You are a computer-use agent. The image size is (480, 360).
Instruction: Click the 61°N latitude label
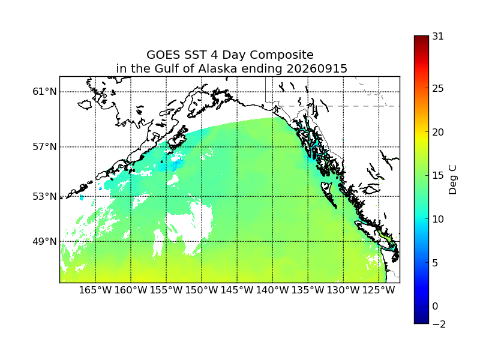[x=44, y=92]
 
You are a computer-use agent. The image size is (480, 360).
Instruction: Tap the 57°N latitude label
[x=44, y=147]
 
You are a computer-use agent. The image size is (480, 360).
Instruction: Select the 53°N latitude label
[x=44, y=197]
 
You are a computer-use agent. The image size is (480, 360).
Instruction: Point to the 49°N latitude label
[x=44, y=242]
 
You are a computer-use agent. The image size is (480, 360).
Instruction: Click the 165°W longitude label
[x=95, y=290]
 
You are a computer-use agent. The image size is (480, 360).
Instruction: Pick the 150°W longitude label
[x=202, y=290]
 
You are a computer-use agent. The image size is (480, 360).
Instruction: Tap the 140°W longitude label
[x=272, y=290]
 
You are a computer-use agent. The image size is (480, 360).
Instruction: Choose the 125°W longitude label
[x=379, y=290]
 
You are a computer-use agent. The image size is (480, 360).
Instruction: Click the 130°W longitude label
[x=343, y=290]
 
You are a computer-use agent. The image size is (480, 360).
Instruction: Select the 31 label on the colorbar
[x=438, y=37]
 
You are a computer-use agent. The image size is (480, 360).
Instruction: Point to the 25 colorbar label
[x=438, y=88]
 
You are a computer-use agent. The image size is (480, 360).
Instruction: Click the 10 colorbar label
[x=438, y=219]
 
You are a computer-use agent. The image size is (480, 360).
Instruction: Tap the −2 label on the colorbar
[x=439, y=324]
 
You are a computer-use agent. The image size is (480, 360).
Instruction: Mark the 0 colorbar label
[x=436, y=306]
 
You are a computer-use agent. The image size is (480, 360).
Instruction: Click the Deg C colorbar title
[x=452, y=179]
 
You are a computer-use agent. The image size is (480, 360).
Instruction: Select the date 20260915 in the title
[x=317, y=68]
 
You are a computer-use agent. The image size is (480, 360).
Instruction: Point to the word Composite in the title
[x=281, y=55]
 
